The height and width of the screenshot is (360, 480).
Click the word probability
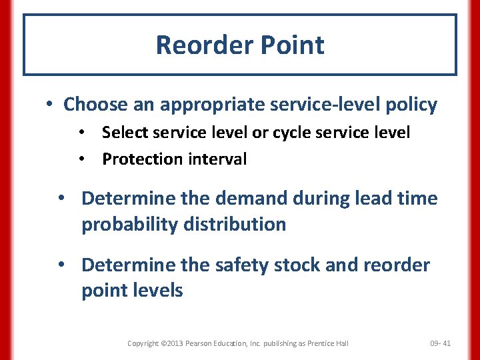click(123, 225)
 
